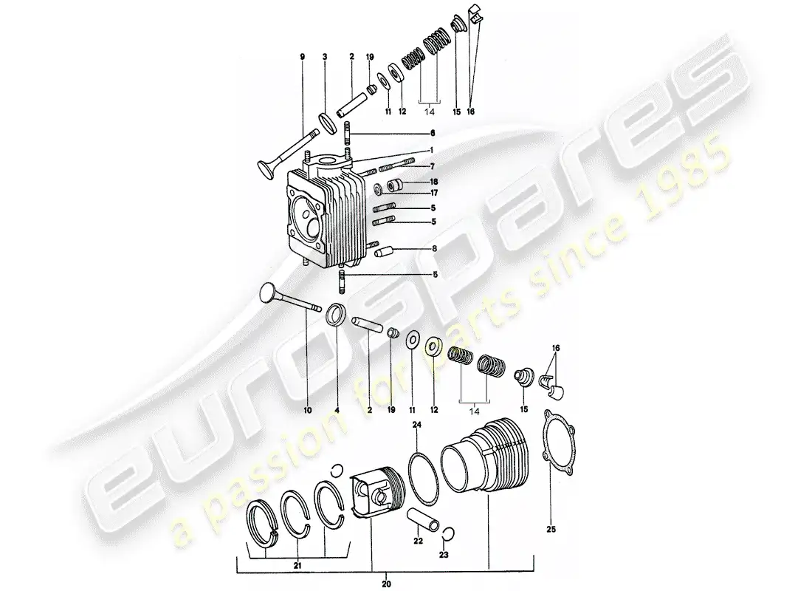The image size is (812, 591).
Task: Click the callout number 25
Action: pos(551,529)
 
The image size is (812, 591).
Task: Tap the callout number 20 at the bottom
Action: pos(386,584)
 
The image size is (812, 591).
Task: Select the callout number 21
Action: pos(297,566)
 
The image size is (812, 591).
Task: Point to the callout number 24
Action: pos(417,425)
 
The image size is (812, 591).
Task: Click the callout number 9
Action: pos(303,56)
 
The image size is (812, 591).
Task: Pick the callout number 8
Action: pos(435,249)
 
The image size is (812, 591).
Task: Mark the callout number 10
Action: pos(308,410)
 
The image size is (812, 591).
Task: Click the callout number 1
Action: pos(431,150)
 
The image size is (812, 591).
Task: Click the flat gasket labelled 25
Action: pos(560,443)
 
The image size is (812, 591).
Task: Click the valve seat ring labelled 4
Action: pos(336,315)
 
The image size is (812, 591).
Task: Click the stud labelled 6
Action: pos(348,134)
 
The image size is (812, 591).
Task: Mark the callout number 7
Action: pos(433,166)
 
